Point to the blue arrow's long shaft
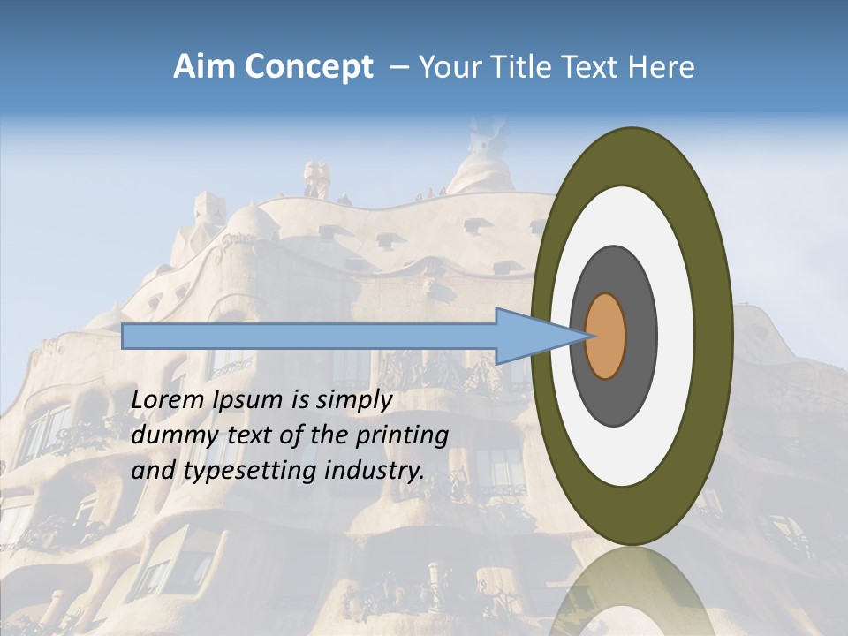point(309,336)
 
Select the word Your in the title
point(447,67)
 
